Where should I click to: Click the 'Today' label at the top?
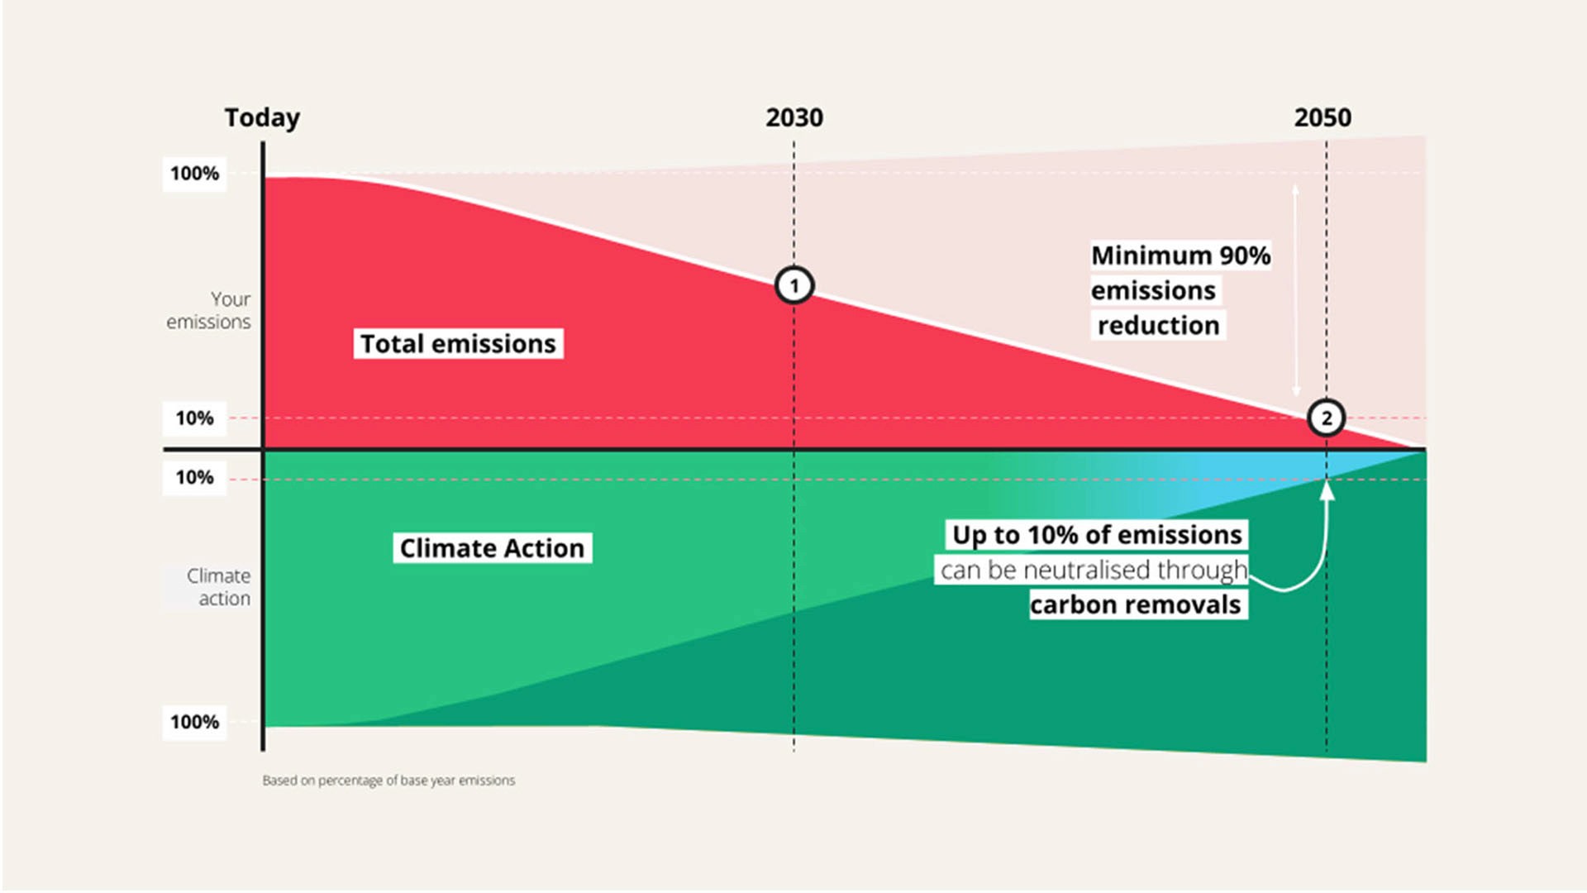tap(262, 117)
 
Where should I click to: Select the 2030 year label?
tap(793, 117)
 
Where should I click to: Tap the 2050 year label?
tap(1322, 117)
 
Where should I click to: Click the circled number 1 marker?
tap(794, 286)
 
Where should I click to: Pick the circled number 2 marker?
tap(1326, 418)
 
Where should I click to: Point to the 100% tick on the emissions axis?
tap(194, 174)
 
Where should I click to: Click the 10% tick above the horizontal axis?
tap(194, 418)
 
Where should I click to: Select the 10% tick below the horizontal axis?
tap(194, 477)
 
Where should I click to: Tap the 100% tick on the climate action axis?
tap(194, 722)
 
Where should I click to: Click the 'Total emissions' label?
tap(458, 343)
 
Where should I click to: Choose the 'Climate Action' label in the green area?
tap(492, 548)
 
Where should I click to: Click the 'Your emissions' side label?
tap(209, 310)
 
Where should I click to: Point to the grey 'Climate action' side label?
tap(217, 587)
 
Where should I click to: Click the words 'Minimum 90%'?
tap(1180, 255)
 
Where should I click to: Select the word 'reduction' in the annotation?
tap(1158, 325)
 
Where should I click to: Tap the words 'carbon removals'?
tap(1135, 604)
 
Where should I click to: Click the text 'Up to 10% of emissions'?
tap(1097, 535)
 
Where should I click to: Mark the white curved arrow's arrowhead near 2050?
tap(1327, 490)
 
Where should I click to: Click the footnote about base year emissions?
tap(388, 781)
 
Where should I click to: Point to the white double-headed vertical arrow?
tap(1295, 289)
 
